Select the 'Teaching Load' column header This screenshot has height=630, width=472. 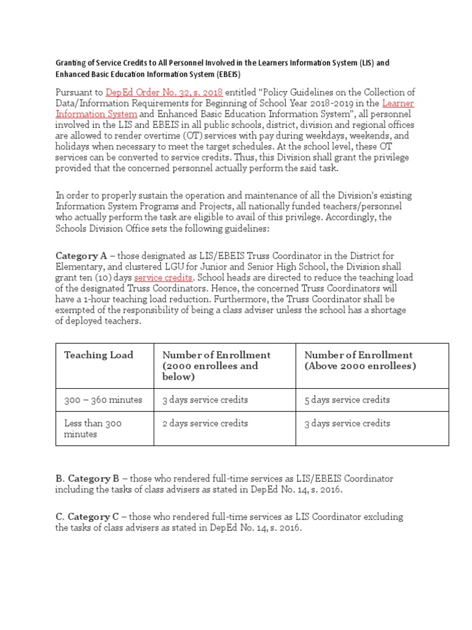coord(98,355)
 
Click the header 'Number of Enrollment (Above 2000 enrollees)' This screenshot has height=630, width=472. coord(360,361)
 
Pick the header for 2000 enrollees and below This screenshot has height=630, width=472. coord(216,365)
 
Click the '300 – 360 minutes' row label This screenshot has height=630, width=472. coord(103,400)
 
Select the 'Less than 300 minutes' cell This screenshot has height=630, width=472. coord(93,429)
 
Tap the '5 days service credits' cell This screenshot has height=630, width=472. coord(347,400)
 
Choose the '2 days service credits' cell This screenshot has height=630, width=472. coord(205,423)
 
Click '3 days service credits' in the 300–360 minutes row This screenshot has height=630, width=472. coord(205,400)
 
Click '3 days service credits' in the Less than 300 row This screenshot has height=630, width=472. coord(347,423)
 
